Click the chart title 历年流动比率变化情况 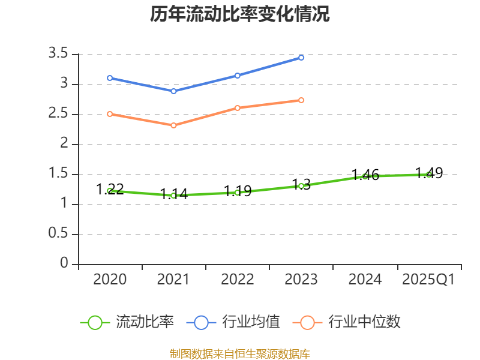point(240,14)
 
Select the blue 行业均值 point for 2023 point(301,58)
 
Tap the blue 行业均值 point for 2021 point(173,91)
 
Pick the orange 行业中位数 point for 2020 point(110,114)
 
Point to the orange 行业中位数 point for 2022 point(238,108)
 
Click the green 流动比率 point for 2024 point(365,176)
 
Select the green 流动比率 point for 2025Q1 point(428,175)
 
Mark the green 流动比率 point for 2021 point(173,196)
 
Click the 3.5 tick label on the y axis point(58,55)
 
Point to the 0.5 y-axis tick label point(58,235)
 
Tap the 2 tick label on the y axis point(65,145)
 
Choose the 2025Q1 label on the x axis point(428,280)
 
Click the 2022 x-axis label point(238,280)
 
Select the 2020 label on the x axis point(110,280)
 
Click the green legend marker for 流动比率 point(95,322)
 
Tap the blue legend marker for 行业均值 point(201,322)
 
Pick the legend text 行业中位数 point(364,322)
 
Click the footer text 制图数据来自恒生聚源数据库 point(240,353)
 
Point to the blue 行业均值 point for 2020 point(110,78)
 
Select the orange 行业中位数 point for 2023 point(301,100)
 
